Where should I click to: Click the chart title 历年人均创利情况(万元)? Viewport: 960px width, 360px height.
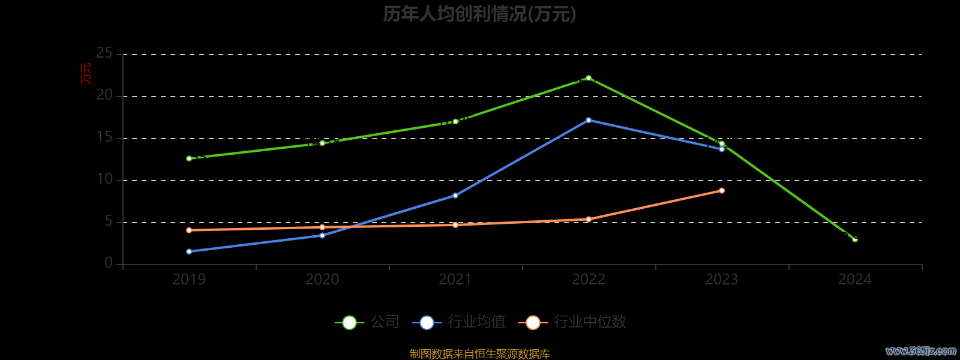click(x=479, y=14)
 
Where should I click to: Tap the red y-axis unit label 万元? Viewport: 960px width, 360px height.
click(x=86, y=73)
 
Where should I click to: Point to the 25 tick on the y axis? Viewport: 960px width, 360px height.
click(x=104, y=53)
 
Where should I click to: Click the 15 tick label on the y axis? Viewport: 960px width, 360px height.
click(x=104, y=137)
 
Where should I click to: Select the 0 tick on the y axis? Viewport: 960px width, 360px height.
click(x=109, y=263)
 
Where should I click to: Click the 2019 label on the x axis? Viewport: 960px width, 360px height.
click(x=189, y=280)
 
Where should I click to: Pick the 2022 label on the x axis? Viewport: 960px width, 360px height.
click(x=589, y=280)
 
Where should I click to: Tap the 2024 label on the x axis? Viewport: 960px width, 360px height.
click(x=855, y=280)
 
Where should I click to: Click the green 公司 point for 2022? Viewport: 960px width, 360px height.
click(x=589, y=78)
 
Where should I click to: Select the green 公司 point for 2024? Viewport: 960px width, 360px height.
click(x=855, y=239)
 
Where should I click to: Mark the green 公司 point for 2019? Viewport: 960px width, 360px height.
click(x=189, y=158)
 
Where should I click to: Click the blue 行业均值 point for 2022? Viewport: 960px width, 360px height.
click(x=589, y=120)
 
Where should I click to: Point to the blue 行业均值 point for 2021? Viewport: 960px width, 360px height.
click(x=455, y=196)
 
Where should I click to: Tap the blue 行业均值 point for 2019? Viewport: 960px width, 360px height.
click(x=189, y=251)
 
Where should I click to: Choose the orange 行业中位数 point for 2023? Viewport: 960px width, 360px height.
click(x=722, y=191)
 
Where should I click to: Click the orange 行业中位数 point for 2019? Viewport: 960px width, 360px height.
click(x=189, y=230)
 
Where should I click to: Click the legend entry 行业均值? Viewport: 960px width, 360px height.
click(x=459, y=322)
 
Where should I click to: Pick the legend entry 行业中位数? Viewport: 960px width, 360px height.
click(x=572, y=322)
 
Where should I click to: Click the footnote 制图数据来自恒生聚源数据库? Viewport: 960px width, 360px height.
click(x=479, y=354)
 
